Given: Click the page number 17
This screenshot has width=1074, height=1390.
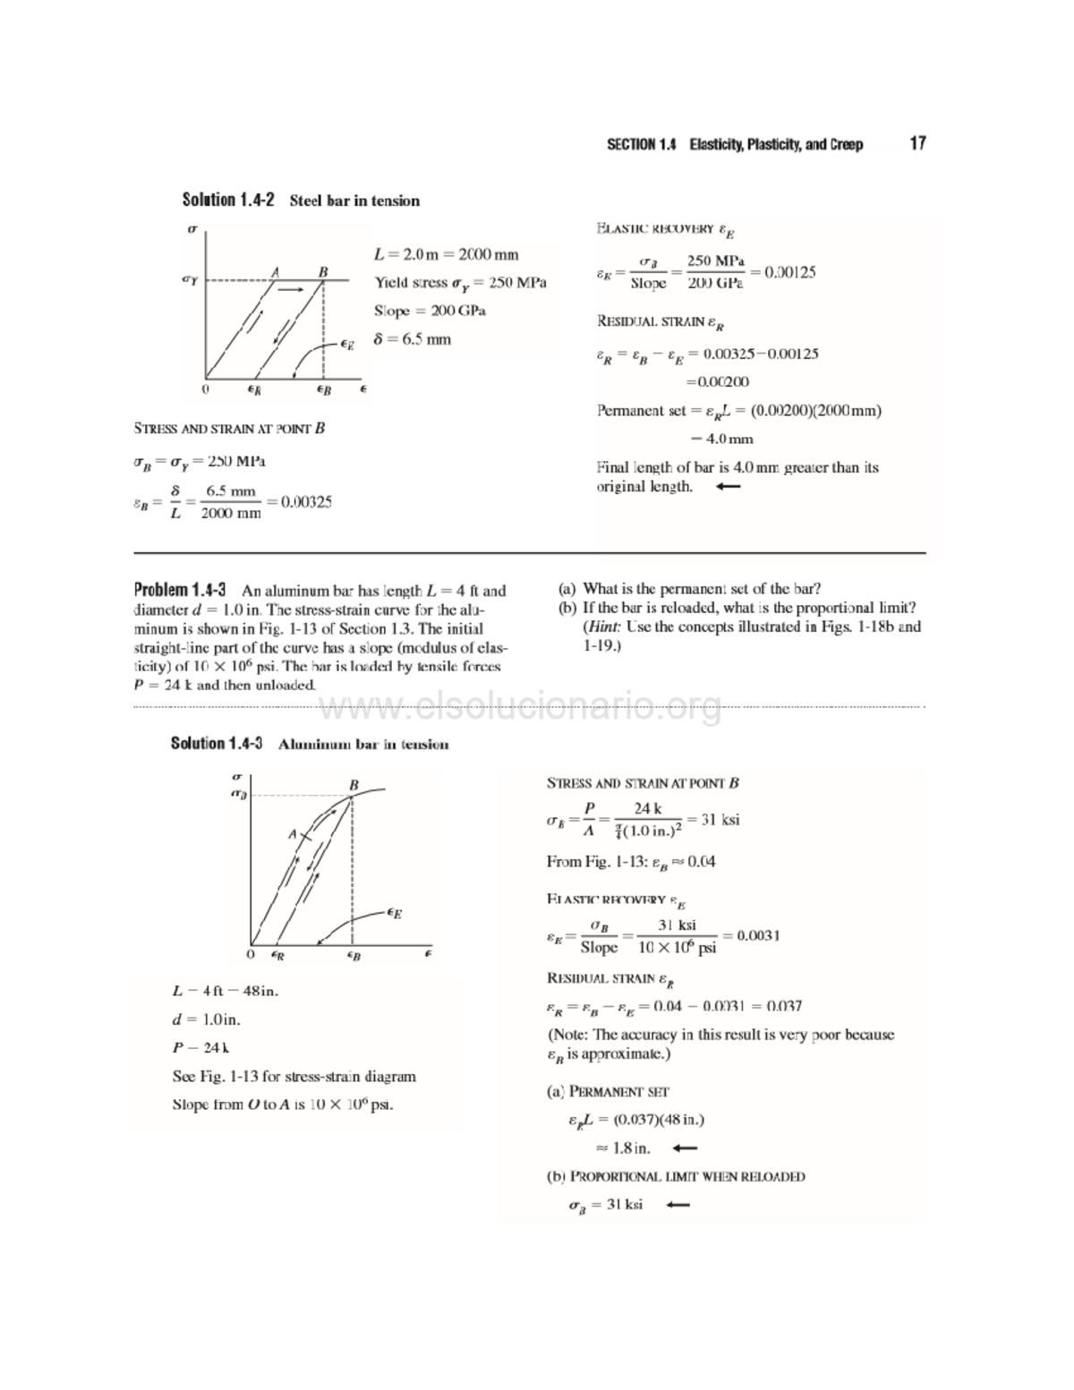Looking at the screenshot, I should (x=917, y=144).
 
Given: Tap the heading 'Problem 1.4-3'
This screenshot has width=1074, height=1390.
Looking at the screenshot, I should (x=179, y=590).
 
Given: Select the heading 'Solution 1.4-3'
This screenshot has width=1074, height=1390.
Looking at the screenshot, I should (x=217, y=744).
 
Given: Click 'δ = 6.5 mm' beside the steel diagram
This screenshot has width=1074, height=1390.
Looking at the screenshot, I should (x=413, y=339).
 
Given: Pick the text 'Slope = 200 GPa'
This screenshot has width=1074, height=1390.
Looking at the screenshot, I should (x=430, y=311).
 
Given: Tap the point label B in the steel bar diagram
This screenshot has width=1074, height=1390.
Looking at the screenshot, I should (x=322, y=271).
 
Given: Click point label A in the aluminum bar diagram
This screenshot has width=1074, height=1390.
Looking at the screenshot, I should (x=292, y=834).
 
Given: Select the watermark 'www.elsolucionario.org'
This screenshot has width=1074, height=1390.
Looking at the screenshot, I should (x=520, y=709).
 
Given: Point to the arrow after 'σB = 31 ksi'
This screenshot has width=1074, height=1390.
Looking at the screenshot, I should (x=678, y=1205).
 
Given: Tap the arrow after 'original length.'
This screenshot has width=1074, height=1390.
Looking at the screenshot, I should (x=729, y=487).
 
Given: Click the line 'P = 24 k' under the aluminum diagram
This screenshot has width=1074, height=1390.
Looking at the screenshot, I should (x=201, y=1047).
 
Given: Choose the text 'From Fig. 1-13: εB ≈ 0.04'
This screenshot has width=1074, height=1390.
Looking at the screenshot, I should (x=631, y=862).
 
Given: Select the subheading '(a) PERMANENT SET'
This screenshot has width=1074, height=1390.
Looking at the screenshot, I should (x=608, y=1092).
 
